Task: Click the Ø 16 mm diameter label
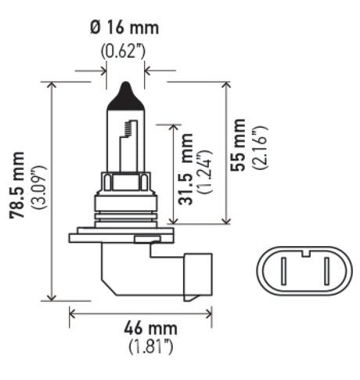point(124,28)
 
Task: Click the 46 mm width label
point(141,328)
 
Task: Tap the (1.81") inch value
point(141,346)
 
